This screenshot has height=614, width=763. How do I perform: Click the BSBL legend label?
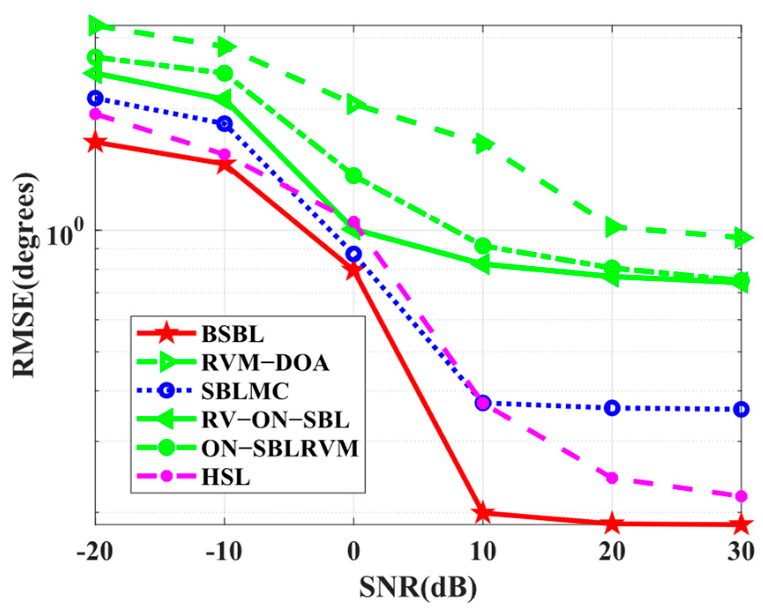pyautogui.click(x=232, y=334)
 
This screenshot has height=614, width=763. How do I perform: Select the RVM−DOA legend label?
pyautogui.click(x=265, y=363)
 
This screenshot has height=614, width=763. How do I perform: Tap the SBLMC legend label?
pyautogui.click(x=245, y=391)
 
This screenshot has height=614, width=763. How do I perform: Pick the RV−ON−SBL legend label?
pyautogui.click(x=275, y=420)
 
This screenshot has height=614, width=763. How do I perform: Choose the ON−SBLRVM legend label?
pyautogui.click(x=280, y=448)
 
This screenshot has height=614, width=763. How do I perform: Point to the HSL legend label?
pyautogui.click(x=226, y=477)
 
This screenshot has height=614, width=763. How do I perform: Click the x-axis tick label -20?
pyautogui.click(x=94, y=551)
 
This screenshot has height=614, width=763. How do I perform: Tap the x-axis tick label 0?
pyautogui.click(x=353, y=551)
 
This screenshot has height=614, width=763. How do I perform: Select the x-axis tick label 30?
pyautogui.click(x=741, y=551)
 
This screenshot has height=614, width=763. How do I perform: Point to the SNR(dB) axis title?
pyautogui.click(x=418, y=588)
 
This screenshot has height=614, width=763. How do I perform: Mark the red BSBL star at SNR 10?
pyautogui.click(x=482, y=512)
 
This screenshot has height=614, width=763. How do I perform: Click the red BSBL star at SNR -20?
pyautogui.click(x=96, y=142)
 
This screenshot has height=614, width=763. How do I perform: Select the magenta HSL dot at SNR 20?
pyautogui.click(x=612, y=478)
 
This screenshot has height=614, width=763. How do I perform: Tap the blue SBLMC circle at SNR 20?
pyautogui.click(x=612, y=408)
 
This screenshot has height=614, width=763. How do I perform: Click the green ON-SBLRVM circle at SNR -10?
pyautogui.click(x=224, y=73)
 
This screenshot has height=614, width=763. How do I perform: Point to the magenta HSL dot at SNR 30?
pyautogui.click(x=741, y=496)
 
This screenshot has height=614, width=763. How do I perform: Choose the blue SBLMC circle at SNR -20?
pyautogui.click(x=95, y=98)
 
